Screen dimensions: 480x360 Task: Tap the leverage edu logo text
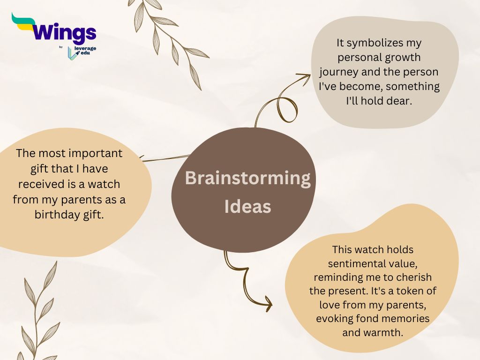[x=85, y=51]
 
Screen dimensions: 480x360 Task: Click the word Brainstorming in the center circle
[x=247, y=179]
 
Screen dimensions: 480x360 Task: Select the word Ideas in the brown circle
[x=247, y=206]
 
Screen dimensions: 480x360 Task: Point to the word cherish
[x=414, y=277]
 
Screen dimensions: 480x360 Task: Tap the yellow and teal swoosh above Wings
[x=23, y=22]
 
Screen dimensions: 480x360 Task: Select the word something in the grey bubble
[x=412, y=87]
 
